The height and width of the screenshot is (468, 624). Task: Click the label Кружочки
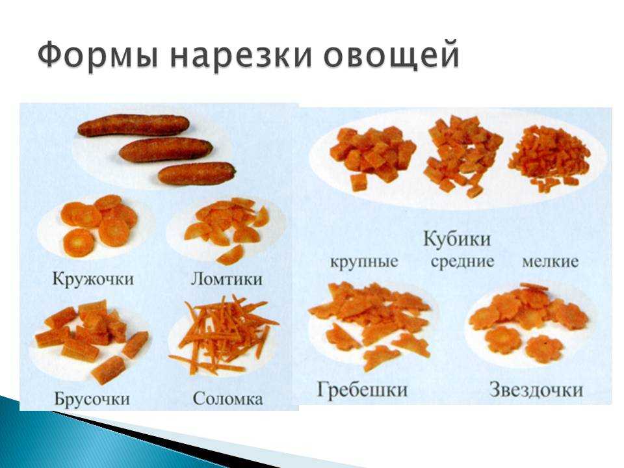(x=93, y=279)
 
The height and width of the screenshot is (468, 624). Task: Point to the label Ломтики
(x=227, y=279)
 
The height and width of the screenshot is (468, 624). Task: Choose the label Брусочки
(x=92, y=398)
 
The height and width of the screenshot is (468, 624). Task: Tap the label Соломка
(x=227, y=398)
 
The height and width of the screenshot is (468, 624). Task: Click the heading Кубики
(x=456, y=240)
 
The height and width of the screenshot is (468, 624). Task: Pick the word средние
(x=462, y=263)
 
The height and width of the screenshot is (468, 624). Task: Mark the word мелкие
(x=550, y=262)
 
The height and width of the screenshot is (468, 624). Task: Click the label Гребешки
(x=362, y=389)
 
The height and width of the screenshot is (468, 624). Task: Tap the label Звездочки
(x=536, y=389)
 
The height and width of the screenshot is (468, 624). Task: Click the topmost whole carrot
(x=133, y=125)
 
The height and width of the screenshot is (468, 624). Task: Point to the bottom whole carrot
(x=197, y=174)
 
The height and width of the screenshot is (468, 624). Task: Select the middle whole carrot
(x=166, y=149)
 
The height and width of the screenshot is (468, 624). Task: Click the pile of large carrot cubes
(x=372, y=158)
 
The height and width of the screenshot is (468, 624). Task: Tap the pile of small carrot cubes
(x=549, y=157)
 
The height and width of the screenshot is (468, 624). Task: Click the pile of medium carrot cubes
(x=463, y=156)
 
